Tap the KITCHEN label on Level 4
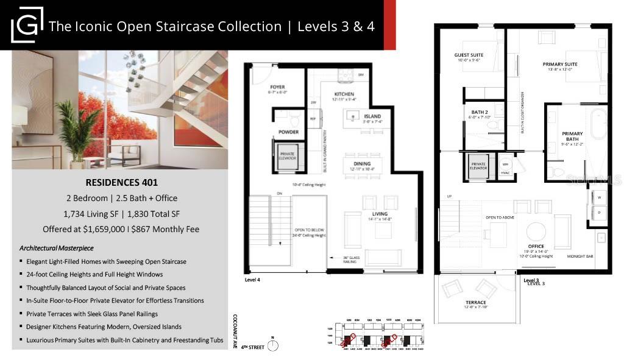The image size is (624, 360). pyautogui.click(x=344, y=94)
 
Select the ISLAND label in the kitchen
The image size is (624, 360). pyautogui.click(x=372, y=116)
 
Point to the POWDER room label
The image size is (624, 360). pyautogui.click(x=288, y=132)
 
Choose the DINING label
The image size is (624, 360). pyautogui.click(x=362, y=163)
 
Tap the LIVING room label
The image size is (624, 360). pyautogui.click(x=380, y=214)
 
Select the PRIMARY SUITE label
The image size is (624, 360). pyautogui.click(x=560, y=64)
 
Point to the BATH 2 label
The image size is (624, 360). pyautogui.click(x=479, y=112)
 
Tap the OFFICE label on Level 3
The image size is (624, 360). pyautogui.click(x=536, y=246)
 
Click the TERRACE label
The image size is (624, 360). pyautogui.click(x=476, y=302)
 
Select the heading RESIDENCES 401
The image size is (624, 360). pyautogui.click(x=119, y=182)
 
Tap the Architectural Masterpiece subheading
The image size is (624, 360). pyautogui.click(x=55, y=249)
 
